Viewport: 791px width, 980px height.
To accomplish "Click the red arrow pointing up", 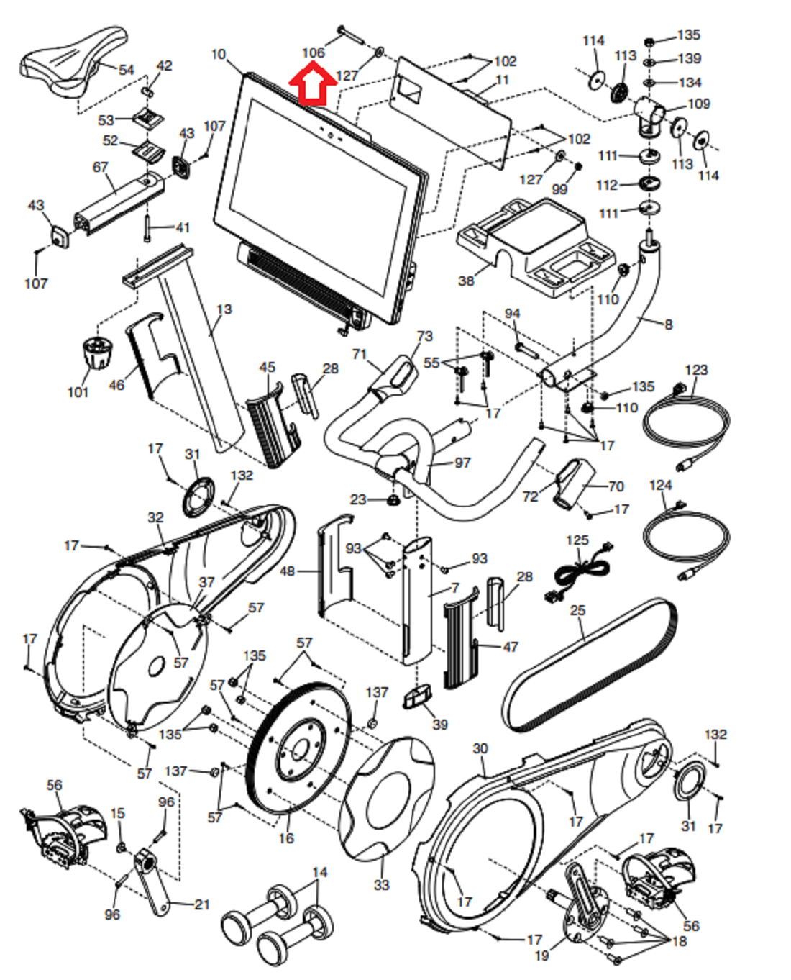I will click(313, 84).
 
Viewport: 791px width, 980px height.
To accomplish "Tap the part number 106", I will click(314, 53).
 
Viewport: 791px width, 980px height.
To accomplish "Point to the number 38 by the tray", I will click(466, 281).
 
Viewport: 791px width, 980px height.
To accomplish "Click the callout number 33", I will click(381, 884).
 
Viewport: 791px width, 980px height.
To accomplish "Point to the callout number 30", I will click(480, 748).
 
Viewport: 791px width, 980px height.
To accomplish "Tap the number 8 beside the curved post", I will click(669, 325).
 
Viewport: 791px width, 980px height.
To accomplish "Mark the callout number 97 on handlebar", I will click(462, 463).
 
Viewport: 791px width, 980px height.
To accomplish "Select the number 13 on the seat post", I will click(224, 309).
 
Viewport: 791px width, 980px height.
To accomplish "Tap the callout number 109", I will click(699, 104).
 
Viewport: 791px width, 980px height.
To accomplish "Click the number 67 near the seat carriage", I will click(100, 167).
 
